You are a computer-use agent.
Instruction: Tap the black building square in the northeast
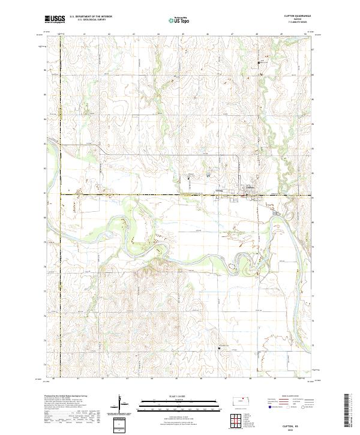[x=259, y=62]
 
